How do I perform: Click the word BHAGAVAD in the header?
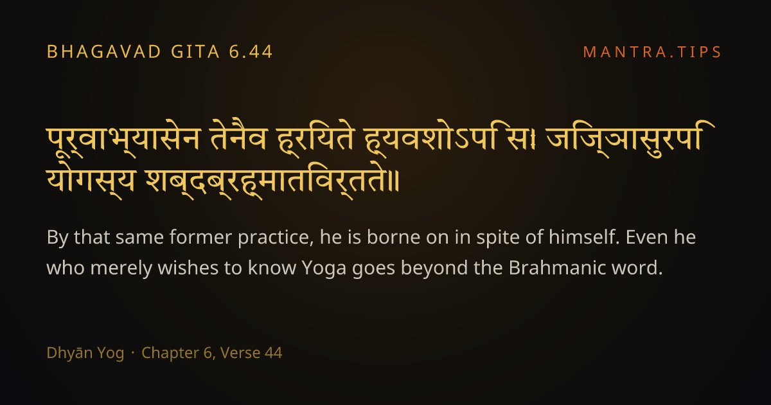(x=103, y=52)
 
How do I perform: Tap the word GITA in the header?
(x=195, y=52)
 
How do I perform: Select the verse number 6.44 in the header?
(x=251, y=52)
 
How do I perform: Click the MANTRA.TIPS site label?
(x=652, y=52)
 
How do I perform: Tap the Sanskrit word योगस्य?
(x=91, y=180)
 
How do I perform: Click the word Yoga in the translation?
(x=324, y=268)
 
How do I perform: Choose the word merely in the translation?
(x=121, y=269)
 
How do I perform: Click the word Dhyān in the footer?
(x=69, y=353)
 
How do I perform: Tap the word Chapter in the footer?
(x=170, y=353)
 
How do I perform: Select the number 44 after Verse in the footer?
(x=273, y=353)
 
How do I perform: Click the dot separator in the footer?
(x=133, y=353)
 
